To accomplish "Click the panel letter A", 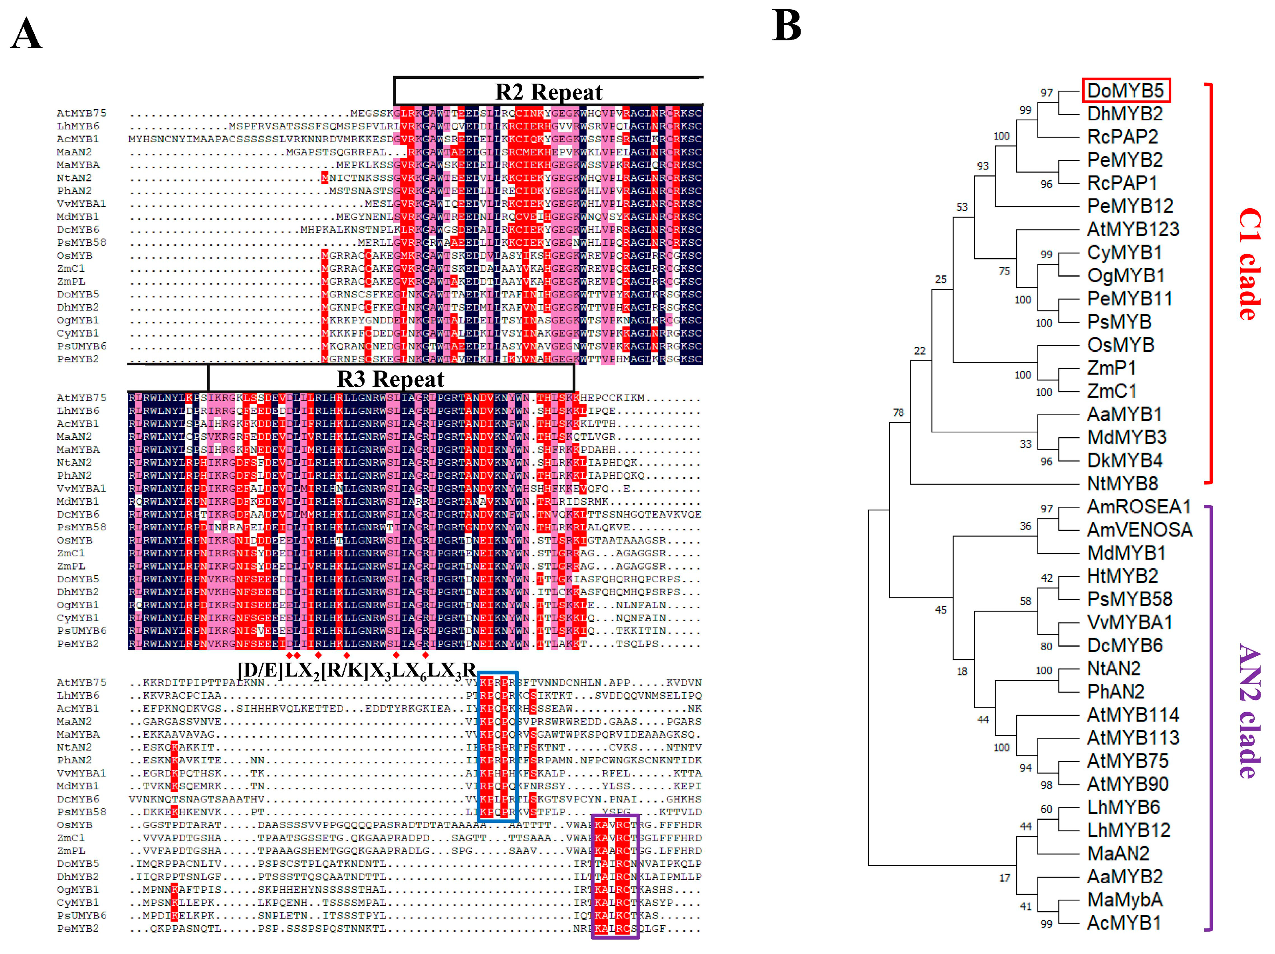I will coord(26,34).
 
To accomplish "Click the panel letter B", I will coord(787,26).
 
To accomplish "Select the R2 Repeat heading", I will coord(548,92).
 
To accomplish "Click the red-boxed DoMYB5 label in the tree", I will coord(1125,91).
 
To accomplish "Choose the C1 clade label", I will coord(1249,264).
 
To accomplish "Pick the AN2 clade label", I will coord(1249,711).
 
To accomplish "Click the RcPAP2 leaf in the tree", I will coord(1122,137).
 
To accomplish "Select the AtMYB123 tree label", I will coord(1132,229).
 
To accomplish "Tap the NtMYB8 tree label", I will coord(1122,483).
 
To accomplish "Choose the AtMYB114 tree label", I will coord(1132,715).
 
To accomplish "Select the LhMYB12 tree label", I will coord(1128,830).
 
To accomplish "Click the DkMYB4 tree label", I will coord(1124,460).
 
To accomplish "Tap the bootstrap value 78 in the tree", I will coord(898,412).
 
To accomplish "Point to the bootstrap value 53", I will coord(962,207).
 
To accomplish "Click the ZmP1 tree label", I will coord(1111,368).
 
